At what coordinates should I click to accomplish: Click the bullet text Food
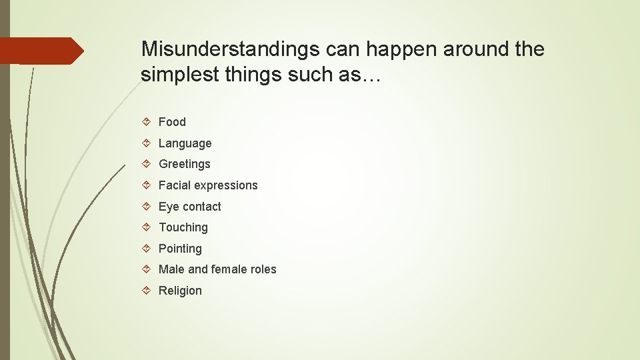pyautogui.click(x=172, y=122)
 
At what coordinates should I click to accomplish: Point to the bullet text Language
pyautogui.click(x=185, y=143)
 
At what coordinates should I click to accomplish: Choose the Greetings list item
pyautogui.click(x=184, y=164)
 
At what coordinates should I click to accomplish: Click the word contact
pyautogui.click(x=201, y=207)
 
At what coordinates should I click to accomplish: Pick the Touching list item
pyautogui.click(x=183, y=227)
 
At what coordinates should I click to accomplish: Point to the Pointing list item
pyautogui.click(x=180, y=249)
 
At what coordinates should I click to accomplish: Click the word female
pyautogui.click(x=229, y=269)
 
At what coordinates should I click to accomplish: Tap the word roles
pyautogui.click(x=263, y=269)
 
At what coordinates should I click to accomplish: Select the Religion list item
pyautogui.click(x=180, y=291)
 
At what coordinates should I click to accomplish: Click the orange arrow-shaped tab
pyautogui.click(x=41, y=51)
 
